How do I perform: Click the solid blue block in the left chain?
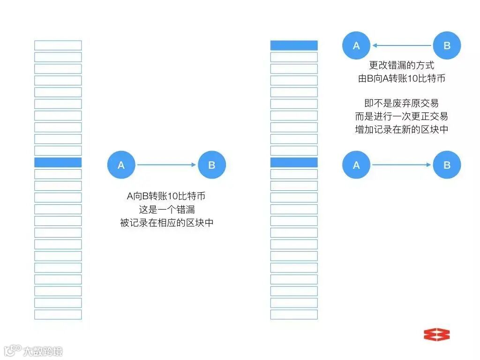tap(58, 163)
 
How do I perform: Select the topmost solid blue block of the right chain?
tap(294, 45)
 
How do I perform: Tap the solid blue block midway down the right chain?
tap(294, 163)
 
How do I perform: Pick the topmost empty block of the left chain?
tap(58, 45)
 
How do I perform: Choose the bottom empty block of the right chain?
tap(294, 315)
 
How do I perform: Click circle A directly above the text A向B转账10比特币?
tap(121, 165)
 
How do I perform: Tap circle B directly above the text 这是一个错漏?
tap(212, 165)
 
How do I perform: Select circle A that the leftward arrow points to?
tap(356, 45)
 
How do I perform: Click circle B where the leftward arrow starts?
tap(447, 45)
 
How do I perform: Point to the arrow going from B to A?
tap(402, 45)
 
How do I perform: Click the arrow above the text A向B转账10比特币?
tap(166, 165)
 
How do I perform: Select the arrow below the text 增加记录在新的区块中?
tap(402, 165)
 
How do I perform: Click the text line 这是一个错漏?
tap(167, 210)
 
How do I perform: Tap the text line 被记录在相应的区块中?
tap(167, 223)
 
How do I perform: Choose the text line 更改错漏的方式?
tap(402, 66)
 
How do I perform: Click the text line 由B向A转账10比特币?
tap(402, 79)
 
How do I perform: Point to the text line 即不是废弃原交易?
tap(402, 103)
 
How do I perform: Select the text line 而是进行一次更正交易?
tap(402, 116)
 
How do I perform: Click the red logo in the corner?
tap(436, 334)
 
